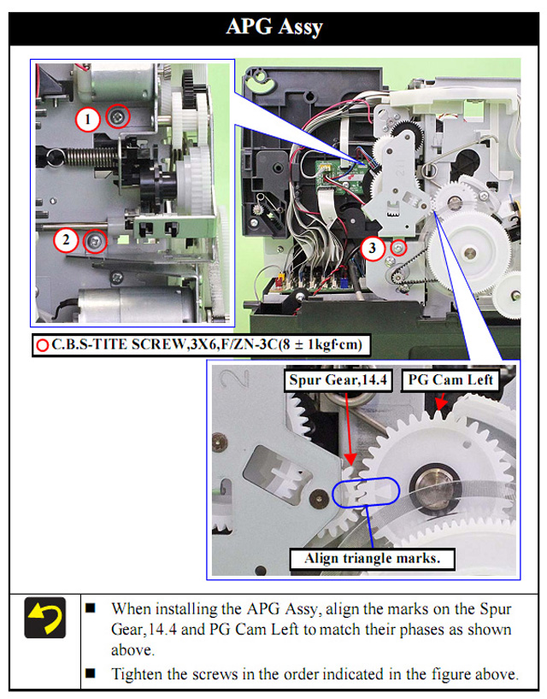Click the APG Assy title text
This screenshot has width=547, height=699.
[273, 27]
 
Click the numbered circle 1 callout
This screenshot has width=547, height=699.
[87, 119]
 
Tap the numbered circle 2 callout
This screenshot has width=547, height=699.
[66, 240]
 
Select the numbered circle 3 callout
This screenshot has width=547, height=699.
[372, 249]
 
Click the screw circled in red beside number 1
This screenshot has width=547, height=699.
[118, 116]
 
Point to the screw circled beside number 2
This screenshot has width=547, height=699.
[95, 242]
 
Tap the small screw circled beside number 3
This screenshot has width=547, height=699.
[398, 248]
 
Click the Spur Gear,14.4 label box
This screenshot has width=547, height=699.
[338, 380]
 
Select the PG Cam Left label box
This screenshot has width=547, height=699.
[450, 380]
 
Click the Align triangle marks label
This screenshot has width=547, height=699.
[373, 559]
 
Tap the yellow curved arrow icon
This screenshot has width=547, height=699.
[45, 618]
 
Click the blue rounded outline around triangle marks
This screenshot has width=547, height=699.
[366, 478]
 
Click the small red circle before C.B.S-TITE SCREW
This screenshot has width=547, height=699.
[43, 345]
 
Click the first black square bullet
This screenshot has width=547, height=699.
[91, 608]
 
